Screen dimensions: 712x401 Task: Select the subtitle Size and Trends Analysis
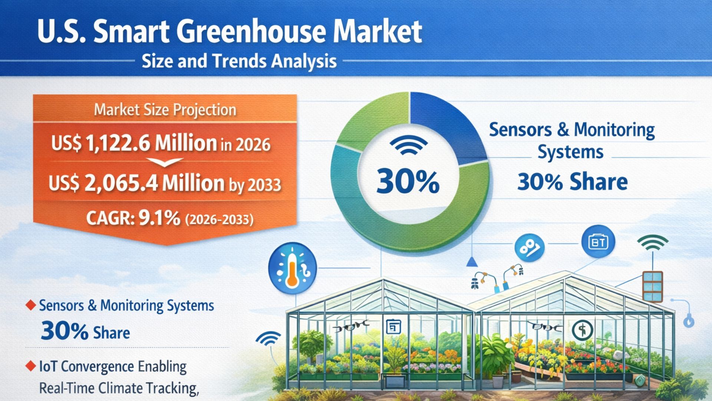[x=239, y=61]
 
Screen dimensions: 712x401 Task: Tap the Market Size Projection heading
[x=165, y=110]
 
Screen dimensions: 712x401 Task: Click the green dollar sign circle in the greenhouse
[x=583, y=330]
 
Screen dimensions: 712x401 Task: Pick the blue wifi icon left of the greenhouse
[x=269, y=339]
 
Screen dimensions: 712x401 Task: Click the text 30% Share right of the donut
[x=572, y=182]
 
